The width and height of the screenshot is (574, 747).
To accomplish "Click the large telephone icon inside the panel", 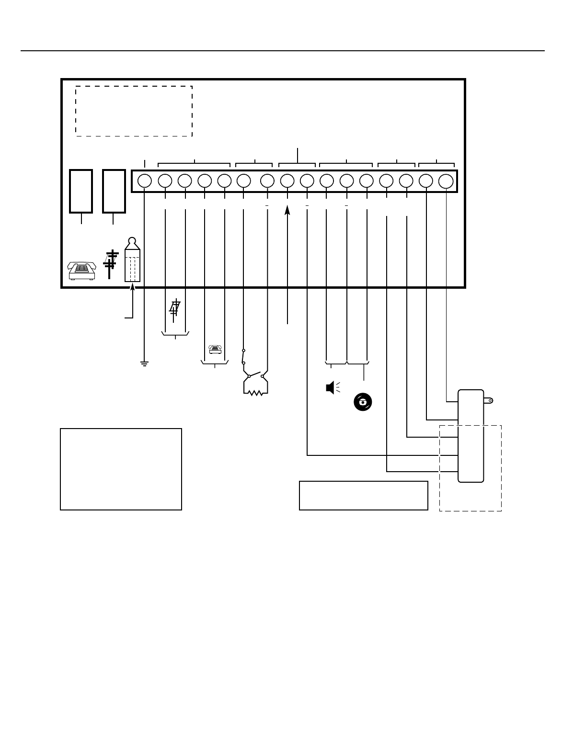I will pyautogui.click(x=81, y=271).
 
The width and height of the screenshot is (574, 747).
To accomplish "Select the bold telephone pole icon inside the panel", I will pyautogui.click(x=110, y=264).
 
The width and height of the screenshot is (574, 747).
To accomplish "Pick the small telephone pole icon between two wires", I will pyautogui.click(x=175, y=308).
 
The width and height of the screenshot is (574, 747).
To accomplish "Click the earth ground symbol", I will pyautogui.click(x=144, y=363).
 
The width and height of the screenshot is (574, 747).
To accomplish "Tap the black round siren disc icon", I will pyautogui.click(x=363, y=402).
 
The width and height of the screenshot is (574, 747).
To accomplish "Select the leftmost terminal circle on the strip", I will pyautogui.click(x=145, y=181).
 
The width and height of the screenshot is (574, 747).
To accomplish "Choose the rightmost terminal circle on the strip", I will pyautogui.click(x=446, y=181).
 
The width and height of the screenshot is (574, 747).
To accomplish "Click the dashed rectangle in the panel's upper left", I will pyautogui.click(x=134, y=111).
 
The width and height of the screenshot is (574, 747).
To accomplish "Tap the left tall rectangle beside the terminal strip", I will pyautogui.click(x=81, y=191).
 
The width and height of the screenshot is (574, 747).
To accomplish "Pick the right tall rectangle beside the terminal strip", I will pyautogui.click(x=114, y=191).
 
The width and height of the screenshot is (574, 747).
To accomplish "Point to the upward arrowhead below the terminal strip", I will pyautogui.click(x=287, y=211).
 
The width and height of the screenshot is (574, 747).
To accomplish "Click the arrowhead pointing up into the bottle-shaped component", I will pyautogui.click(x=133, y=287).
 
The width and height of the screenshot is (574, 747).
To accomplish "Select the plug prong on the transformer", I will pyautogui.click(x=489, y=400).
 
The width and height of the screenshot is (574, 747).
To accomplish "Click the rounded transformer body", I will pyautogui.click(x=471, y=436).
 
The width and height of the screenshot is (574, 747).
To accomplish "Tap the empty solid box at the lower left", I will pyautogui.click(x=121, y=469).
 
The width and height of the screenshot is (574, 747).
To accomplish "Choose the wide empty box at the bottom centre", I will pyautogui.click(x=363, y=496).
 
